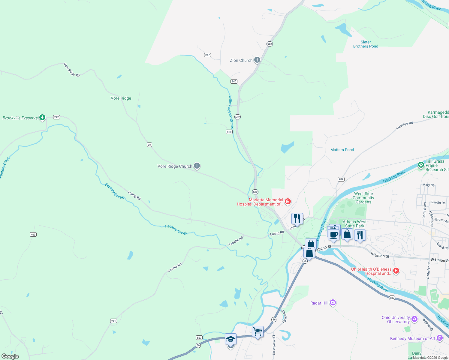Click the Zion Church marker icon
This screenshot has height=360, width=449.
[257, 60]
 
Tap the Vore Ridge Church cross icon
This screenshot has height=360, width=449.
[197, 166]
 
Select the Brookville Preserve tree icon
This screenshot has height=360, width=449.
[42, 117]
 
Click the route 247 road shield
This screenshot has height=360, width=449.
[207, 55]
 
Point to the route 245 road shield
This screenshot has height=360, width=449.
[234, 81]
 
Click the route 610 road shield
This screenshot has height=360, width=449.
[229, 132]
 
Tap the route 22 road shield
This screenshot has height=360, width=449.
[149, 145]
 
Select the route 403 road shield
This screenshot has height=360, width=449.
[33, 234]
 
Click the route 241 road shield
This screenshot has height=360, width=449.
[113, 321]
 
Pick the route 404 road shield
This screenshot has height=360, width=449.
[341, 179]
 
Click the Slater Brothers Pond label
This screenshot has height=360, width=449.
[366, 44]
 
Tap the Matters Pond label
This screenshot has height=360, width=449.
[342, 150]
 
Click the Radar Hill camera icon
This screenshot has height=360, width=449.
[333, 303]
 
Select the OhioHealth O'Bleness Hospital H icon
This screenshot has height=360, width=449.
[396, 271]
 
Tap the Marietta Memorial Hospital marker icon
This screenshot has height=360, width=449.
[288, 201]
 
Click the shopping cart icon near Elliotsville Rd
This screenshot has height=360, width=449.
[258, 331]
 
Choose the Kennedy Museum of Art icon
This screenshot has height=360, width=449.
[440, 338]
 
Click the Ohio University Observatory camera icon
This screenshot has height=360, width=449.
[414, 319]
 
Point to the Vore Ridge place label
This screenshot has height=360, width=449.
[121, 98]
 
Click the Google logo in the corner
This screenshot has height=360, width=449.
[10, 356]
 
